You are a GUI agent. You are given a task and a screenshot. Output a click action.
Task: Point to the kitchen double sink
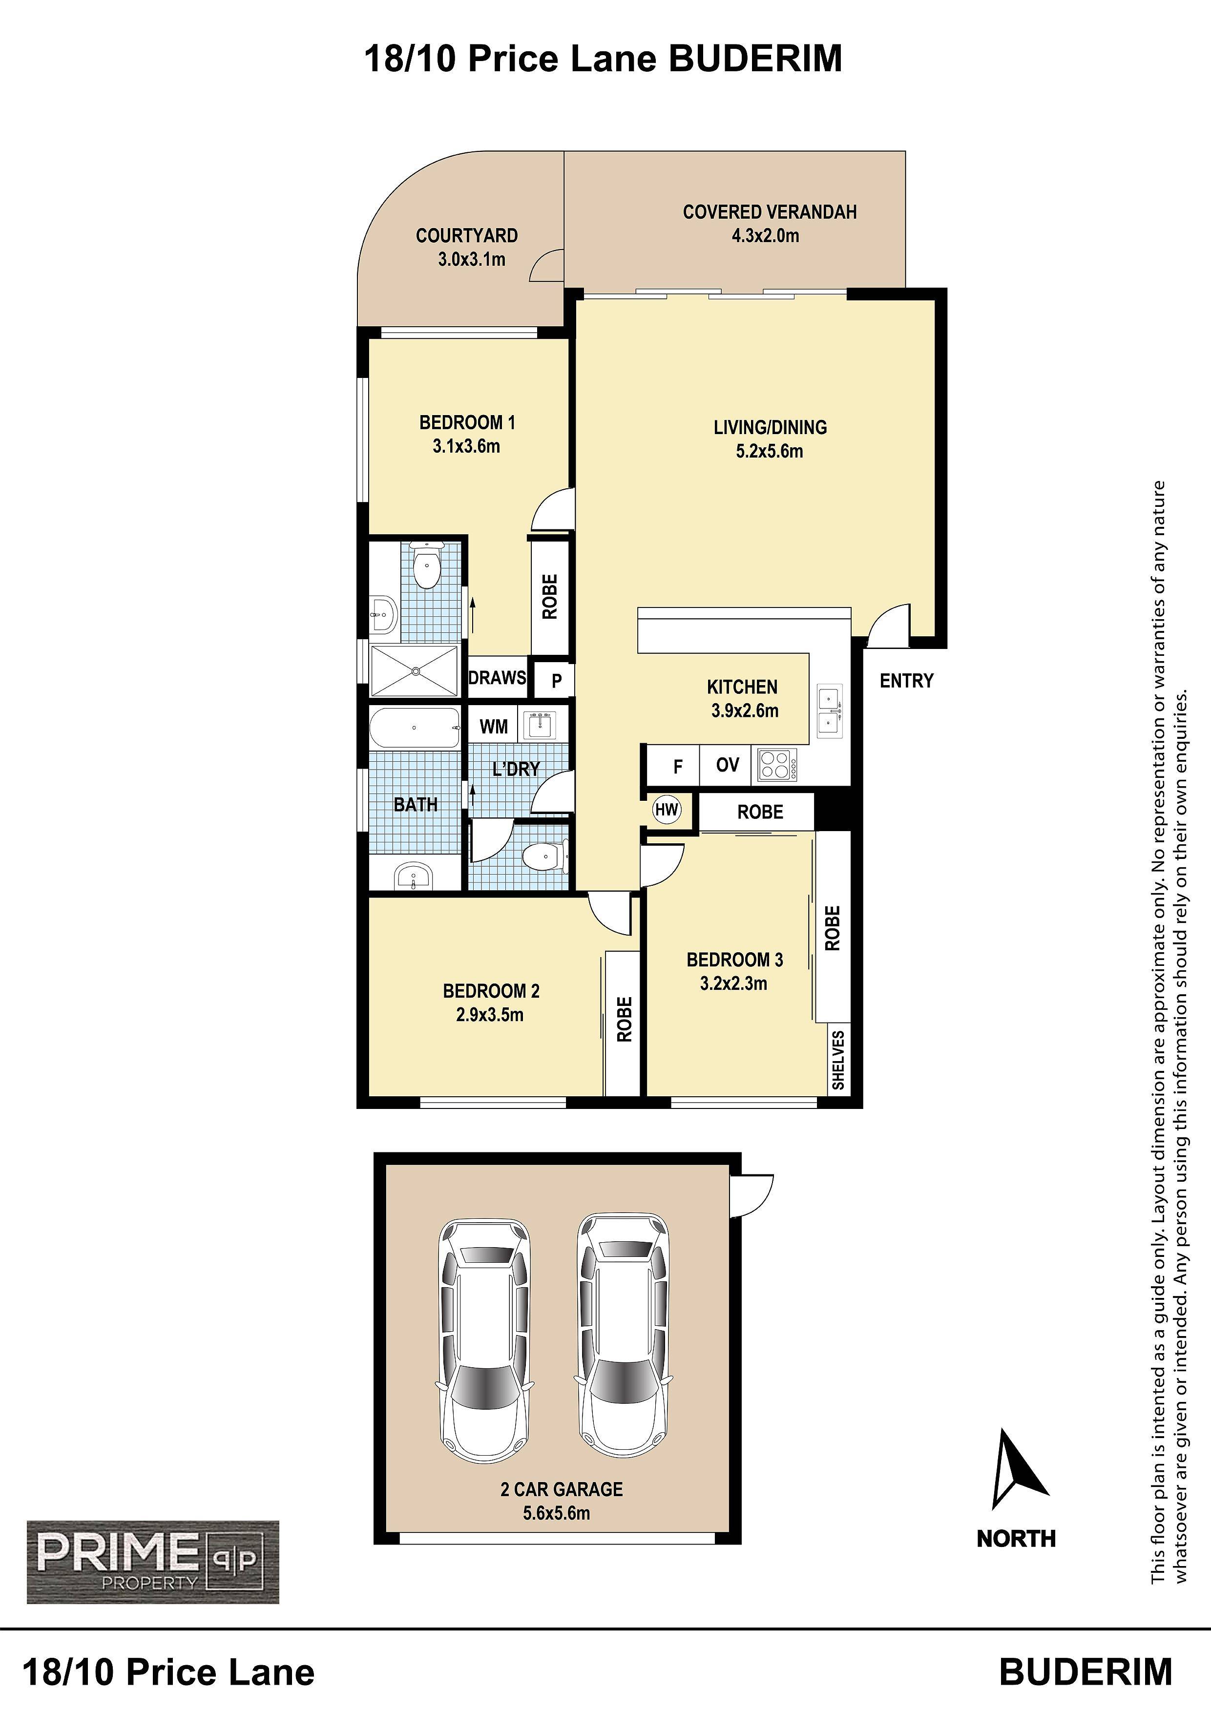(x=830, y=711)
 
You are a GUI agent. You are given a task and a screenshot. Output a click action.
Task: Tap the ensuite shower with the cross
(x=414, y=671)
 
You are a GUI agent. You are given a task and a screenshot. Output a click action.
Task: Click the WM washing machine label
(x=493, y=727)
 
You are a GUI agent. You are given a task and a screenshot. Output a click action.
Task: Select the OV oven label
(x=728, y=765)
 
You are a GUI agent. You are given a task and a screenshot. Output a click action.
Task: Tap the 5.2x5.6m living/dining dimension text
(x=769, y=451)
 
